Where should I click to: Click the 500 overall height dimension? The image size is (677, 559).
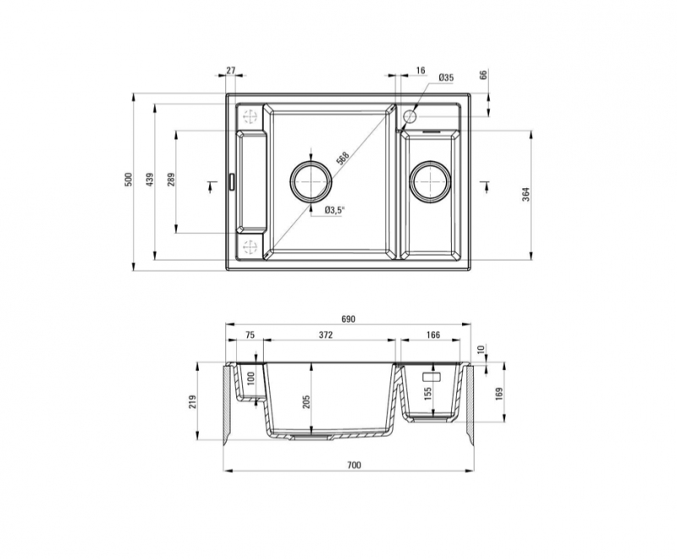click(128, 180)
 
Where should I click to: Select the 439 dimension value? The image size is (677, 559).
click(150, 180)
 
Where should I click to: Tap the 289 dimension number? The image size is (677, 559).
click(171, 180)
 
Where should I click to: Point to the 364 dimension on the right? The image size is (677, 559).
click(526, 195)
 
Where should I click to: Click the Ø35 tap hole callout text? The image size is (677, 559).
click(446, 78)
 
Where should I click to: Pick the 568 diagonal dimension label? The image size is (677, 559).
click(343, 158)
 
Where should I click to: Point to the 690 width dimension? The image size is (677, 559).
click(348, 318)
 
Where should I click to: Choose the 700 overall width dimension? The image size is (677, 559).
click(354, 465)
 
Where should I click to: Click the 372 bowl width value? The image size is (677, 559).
click(326, 335)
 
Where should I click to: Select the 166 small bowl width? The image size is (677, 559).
click(433, 335)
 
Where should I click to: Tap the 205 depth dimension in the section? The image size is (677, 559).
click(306, 402)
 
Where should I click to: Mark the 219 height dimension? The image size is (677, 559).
click(193, 402)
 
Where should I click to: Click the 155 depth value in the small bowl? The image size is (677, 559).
click(428, 394)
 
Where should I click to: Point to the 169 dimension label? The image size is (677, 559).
click(499, 394)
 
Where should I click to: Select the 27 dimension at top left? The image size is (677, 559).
click(231, 70)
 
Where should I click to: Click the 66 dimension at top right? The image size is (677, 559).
click(483, 74)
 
